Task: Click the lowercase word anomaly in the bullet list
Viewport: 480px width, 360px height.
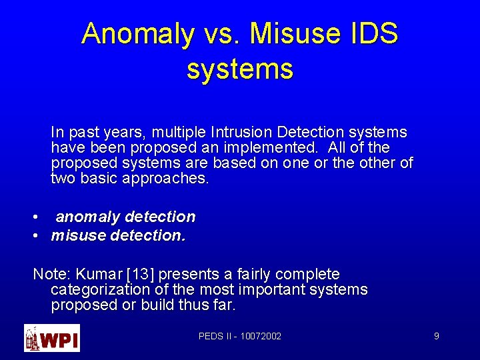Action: coord(88,217)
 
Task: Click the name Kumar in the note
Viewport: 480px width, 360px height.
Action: coord(95,274)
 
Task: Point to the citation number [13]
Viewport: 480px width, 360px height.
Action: coord(133,274)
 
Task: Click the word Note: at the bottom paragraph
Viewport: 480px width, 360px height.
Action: coord(52,274)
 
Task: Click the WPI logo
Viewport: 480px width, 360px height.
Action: coord(52,337)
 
